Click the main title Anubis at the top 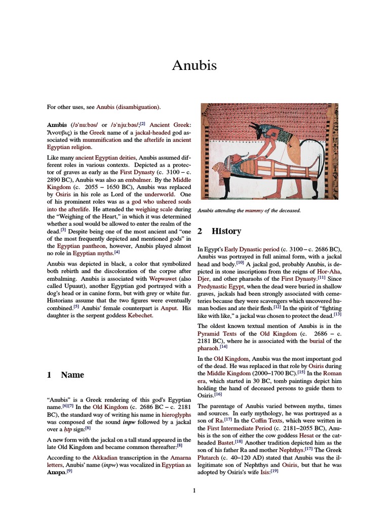(194, 65)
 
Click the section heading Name (72, 375)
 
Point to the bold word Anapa (56, 472)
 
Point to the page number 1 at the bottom (194, 490)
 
